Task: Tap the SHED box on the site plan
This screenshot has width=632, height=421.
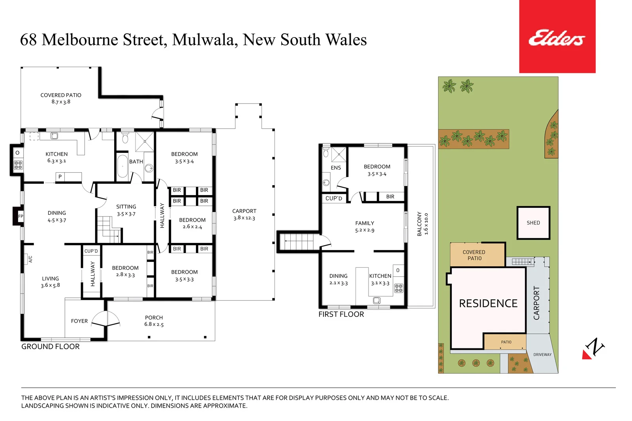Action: coord(533,223)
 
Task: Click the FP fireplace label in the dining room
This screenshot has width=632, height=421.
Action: coord(21,216)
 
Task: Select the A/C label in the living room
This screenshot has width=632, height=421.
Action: coord(30,259)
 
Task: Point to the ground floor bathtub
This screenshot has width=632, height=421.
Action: coord(122,166)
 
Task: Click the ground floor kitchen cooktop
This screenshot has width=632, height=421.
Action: coord(18,165)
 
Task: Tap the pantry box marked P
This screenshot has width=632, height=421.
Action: coord(60,177)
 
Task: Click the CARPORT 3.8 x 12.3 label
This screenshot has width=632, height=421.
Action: coord(244,214)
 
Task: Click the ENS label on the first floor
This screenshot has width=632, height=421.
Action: coord(336,168)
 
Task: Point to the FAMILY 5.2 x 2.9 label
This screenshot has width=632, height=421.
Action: coord(365,226)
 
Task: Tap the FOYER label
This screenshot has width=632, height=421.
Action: coord(79,321)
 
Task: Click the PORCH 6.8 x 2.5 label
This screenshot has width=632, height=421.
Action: coord(154,321)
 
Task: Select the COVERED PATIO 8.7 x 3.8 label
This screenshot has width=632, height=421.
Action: coord(61,98)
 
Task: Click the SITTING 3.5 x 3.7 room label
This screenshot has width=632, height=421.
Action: coord(126,210)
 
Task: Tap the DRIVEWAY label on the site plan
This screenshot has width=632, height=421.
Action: coord(542,355)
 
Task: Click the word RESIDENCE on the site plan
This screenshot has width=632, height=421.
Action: coord(488,303)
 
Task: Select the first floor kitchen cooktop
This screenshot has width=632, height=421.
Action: coord(399,288)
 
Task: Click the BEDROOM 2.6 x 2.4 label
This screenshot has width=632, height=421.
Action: coord(192,223)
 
